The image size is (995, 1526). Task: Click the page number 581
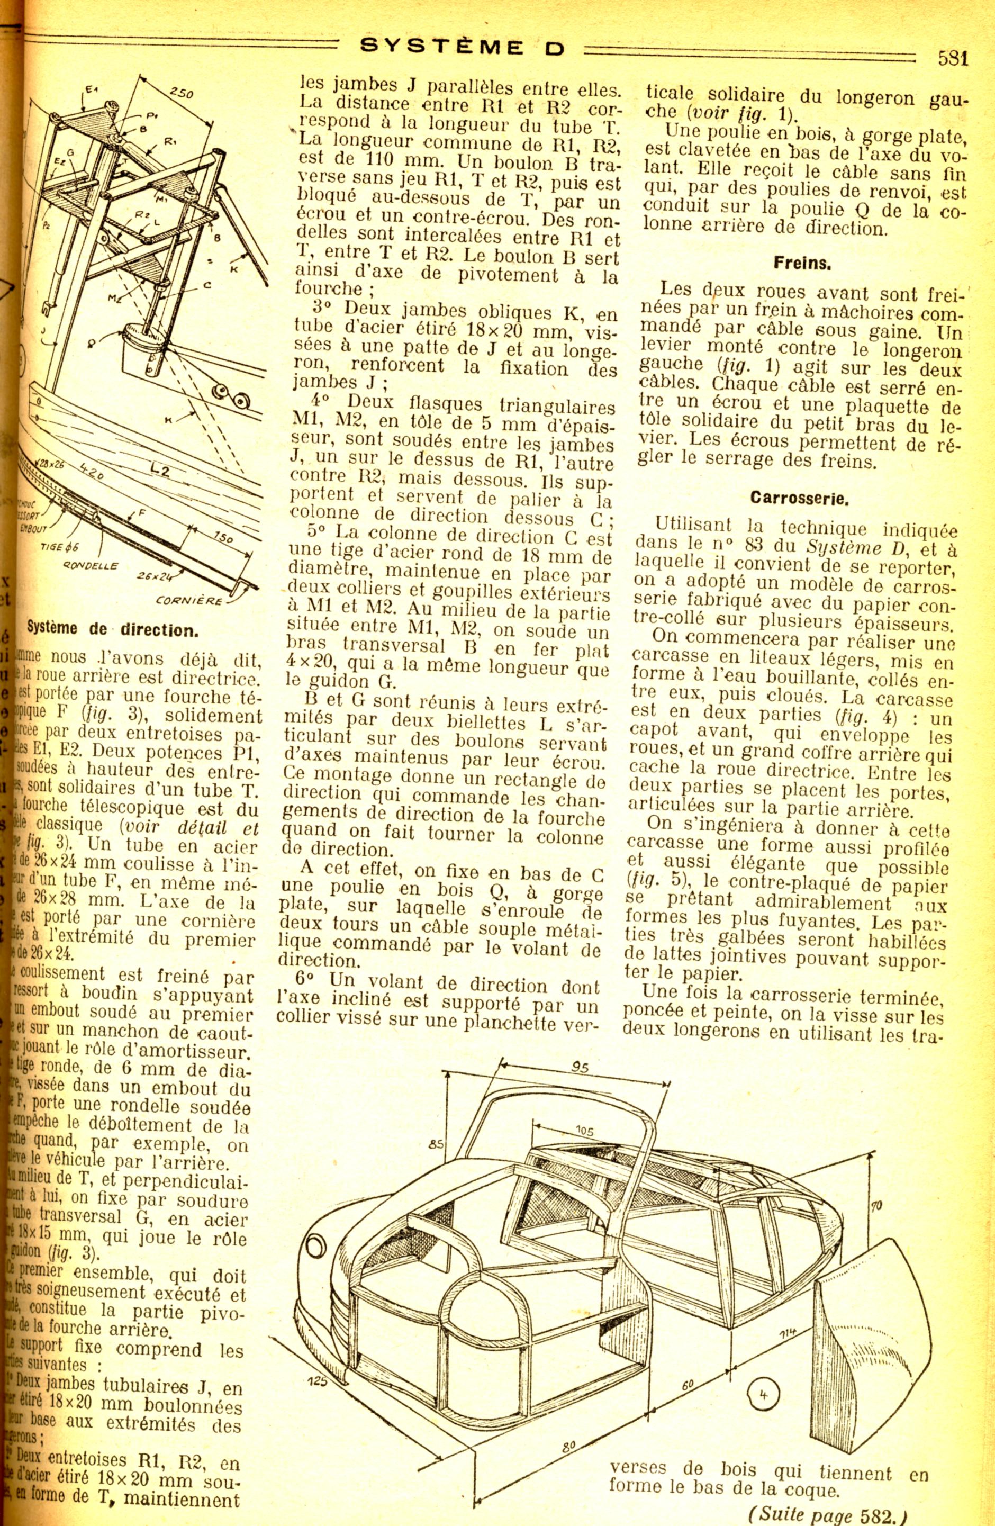point(953,58)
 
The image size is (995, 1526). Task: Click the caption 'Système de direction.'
point(112,629)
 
